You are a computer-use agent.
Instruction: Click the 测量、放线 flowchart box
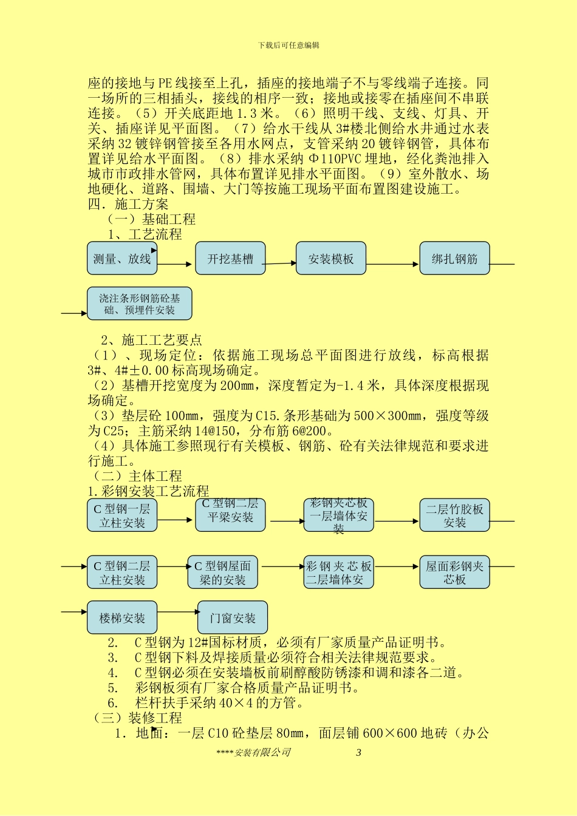(x=122, y=259)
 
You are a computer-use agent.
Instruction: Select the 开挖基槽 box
(x=230, y=259)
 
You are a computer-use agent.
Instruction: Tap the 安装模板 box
(x=331, y=259)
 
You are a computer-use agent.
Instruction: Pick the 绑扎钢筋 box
(x=454, y=259)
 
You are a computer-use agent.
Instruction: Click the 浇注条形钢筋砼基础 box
(x=140, y=304)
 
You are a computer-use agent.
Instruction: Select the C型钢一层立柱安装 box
(x=122, y=515)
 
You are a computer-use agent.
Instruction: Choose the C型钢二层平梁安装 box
(x=230, y=514)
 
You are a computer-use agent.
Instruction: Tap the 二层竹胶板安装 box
(x=454, y=515)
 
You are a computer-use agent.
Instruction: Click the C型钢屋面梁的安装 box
(x=222, y=573)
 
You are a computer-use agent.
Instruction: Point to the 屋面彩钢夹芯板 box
(x=454, y=573)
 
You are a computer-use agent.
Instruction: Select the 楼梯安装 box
(x=122, y=618)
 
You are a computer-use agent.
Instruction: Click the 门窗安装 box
(x=233, y=618)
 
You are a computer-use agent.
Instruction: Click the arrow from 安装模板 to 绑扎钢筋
(x=393, y=264)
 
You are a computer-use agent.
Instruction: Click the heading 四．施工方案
(x=128, y=204)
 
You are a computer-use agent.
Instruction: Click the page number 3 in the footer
(x=358, y=752)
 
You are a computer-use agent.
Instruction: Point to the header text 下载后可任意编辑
(x=288, y=45)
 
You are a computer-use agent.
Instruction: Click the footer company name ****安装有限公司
(x=253, y=752)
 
